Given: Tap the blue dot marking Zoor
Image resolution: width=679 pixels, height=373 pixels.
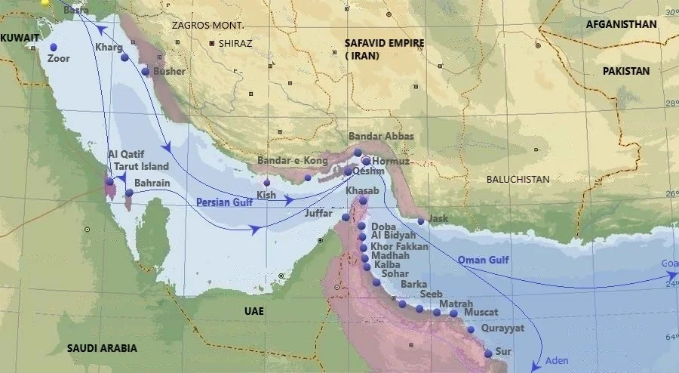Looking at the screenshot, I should (54, 45).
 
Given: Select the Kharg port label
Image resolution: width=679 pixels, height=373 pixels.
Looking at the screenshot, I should (104, 48).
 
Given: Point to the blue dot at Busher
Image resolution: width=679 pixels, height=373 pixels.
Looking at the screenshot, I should (146, 72).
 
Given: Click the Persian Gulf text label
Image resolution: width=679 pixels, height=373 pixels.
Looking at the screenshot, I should (224, 202).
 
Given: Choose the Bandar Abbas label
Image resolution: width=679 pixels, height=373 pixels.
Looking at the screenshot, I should (379, 137).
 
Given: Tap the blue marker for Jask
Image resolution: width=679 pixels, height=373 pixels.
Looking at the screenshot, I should (421, 221).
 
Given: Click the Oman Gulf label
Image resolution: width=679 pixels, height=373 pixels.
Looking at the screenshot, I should (484, 260).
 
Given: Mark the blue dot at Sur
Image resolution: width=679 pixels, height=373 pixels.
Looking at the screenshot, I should (488, 353).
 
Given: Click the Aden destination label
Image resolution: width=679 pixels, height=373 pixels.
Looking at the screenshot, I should (557, 361).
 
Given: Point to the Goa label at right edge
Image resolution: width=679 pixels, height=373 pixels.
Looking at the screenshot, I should (669, 264).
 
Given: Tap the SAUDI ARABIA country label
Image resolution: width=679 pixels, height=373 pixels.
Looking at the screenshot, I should (102, 348).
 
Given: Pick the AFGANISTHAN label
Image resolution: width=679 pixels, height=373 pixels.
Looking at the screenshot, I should (621, 24).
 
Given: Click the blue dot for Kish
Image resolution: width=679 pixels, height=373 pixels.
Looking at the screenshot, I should (266, 183).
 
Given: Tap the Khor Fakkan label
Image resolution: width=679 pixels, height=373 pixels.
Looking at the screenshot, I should (400, 247).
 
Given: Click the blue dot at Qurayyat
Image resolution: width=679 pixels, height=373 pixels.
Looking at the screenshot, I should (471, 329).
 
